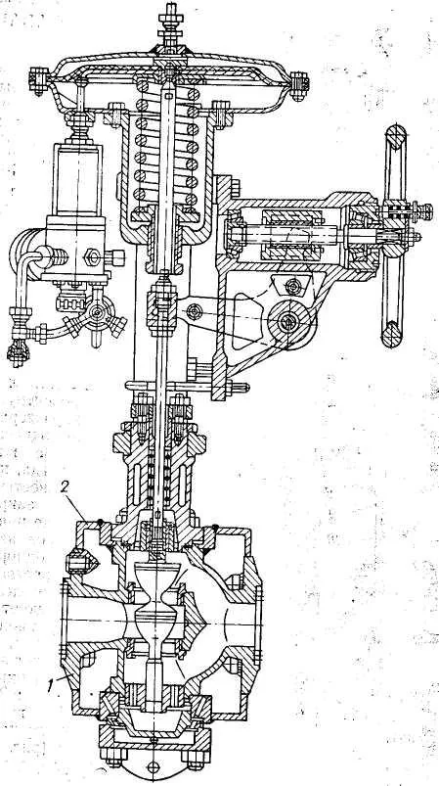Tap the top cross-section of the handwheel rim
click(395, 136)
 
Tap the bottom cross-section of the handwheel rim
click(393, 335)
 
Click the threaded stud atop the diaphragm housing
click(169, 23)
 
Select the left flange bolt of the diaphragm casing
click(38, 81)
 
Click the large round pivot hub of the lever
click(285, 321)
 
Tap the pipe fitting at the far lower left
click(18, 353)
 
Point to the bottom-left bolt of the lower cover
click(114, 755)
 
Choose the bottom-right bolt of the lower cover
click(195, 756)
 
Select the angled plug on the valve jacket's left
click(80, 562)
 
